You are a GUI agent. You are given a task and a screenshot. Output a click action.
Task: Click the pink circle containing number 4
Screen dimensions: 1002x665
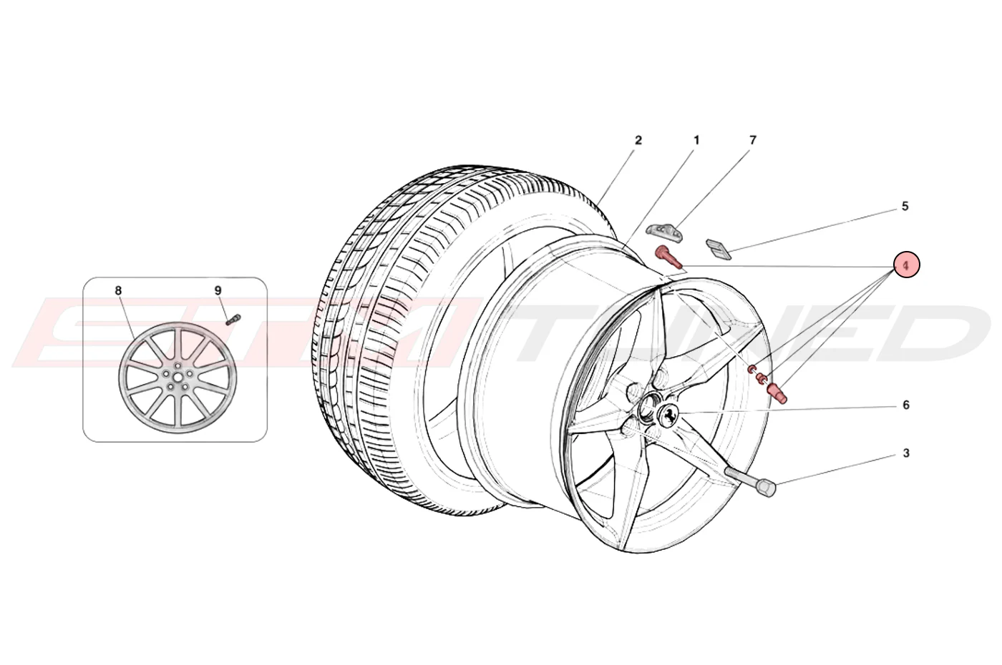coord(906,265)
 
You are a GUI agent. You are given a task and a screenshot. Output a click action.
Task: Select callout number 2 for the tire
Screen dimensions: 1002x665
coord(638,140)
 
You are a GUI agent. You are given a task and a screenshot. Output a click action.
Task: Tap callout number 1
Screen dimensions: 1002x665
coord(696,140)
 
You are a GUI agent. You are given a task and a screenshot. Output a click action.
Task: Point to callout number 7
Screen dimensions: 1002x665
coord(753,140)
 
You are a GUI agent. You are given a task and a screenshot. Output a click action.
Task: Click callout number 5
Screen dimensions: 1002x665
coord(905,206)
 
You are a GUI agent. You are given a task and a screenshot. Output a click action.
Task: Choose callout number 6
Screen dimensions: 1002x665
coord(906,405)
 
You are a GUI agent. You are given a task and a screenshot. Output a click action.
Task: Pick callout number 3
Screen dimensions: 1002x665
coord(906,453)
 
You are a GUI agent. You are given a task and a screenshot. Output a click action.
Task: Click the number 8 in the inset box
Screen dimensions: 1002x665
coord(118,290)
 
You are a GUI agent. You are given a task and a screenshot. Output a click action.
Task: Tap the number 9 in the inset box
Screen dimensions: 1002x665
coord(218,290)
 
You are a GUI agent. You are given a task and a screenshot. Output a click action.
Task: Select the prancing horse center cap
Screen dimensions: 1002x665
coord(668,414)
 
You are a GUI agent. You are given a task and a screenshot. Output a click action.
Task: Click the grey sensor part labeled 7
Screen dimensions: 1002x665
coord(663,230)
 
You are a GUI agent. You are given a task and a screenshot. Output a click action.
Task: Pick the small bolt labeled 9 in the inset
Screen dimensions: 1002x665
coord(234,320)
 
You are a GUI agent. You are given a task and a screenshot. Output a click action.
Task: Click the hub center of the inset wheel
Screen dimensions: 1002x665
coord(177,378)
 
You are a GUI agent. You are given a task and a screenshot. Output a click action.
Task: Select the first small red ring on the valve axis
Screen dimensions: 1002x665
coord(752,368)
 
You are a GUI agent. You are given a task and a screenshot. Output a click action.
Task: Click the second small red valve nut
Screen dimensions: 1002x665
coord(761,378)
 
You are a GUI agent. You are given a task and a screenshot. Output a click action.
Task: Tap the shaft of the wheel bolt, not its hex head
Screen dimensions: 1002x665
coord(740,476)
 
